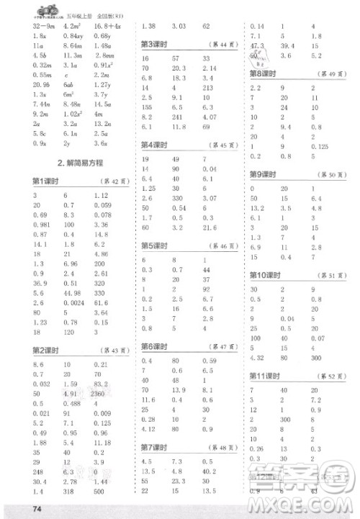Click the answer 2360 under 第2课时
point(100,394)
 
